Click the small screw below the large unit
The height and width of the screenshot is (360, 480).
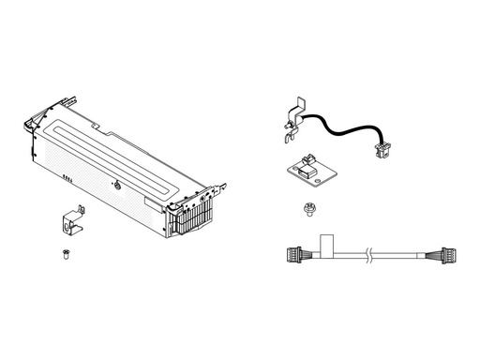coord(64,254)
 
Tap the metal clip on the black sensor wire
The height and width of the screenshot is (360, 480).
coord(294,119)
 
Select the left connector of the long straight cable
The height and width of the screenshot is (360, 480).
coord(292,252)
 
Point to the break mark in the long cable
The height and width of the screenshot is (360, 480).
coord(374,253)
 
